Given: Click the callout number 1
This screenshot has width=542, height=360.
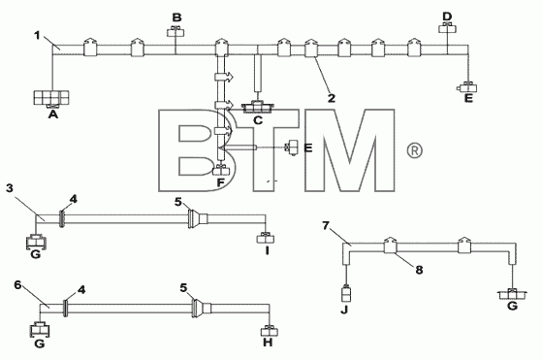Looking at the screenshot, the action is click(x=38, y=35).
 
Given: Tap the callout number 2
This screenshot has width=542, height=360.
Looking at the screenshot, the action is click(x=332, y=98).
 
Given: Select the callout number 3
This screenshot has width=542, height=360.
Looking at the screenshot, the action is click(x=10, y=188).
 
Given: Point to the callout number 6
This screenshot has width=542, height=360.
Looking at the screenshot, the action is click(x=18, y=285).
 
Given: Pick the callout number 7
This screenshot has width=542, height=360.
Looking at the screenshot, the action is click(x=326, y=226).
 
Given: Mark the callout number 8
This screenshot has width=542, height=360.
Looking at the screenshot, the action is click(x=419, y=270).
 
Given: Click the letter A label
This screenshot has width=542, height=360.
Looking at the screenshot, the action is click(x=53, y=115).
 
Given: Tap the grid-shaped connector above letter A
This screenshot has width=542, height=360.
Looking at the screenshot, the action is click(x=51, y=98).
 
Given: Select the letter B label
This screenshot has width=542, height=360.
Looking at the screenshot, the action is click(x=177, y=17).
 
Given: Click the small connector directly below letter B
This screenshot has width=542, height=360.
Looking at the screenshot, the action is click(x=175, y=32).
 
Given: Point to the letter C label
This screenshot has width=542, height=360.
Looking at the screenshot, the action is click(x=258, y=120).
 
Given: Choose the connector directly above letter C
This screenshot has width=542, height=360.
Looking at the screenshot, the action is click(x=258, y=107).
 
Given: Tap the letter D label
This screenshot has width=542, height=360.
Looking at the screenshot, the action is click(x=447, y=16).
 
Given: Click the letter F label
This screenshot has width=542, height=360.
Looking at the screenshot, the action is click(x=220, y=182).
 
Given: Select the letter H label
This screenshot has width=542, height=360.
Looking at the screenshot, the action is click(x=268, y=343).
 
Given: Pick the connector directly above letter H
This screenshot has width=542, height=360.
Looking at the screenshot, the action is click(x=270, y=331).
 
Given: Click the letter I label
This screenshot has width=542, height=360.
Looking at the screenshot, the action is click(x=267, y=250).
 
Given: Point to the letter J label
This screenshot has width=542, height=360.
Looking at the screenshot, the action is click(x=344, y=310).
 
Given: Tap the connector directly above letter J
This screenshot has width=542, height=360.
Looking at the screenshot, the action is click(x=346, y=294).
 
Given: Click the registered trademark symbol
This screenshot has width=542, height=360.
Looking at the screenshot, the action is click(x=414, y=150).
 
